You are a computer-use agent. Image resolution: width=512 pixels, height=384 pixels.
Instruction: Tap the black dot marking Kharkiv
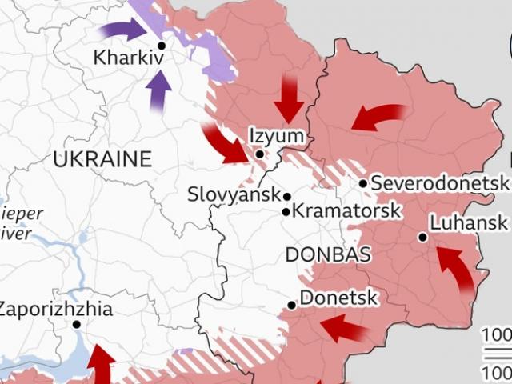161,46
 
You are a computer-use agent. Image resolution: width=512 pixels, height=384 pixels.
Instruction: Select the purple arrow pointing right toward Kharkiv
122,31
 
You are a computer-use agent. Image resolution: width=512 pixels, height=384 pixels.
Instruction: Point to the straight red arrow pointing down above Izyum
288,100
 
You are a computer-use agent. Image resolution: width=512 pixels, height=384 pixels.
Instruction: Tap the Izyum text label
276,136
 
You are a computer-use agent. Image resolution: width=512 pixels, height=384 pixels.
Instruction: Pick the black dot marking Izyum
260,154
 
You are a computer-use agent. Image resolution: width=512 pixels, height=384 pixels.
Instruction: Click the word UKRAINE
102,159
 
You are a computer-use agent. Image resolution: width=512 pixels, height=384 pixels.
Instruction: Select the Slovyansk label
234,194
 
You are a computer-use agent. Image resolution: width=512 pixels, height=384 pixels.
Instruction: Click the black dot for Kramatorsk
286,212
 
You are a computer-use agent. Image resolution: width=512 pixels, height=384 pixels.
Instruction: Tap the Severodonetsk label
439,184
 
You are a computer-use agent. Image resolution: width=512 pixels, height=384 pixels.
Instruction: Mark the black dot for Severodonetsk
362,184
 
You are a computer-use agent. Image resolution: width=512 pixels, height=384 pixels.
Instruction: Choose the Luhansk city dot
422,237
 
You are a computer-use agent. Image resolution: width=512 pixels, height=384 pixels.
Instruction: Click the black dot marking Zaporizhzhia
76,325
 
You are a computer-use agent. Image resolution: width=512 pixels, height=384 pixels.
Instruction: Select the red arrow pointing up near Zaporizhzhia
100,364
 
